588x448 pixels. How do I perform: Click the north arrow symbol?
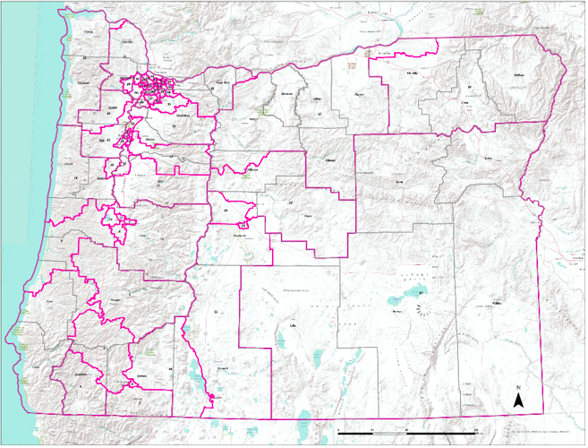[x=517, y=399]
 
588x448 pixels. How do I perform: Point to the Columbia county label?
[x=126, y=41]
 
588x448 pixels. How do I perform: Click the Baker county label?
[x=488, y=158]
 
